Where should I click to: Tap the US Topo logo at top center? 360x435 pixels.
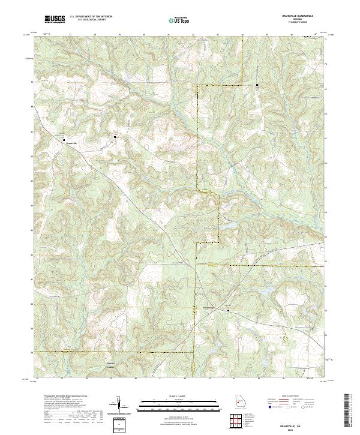click(179, 20)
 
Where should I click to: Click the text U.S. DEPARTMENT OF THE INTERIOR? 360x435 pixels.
click(91, 17)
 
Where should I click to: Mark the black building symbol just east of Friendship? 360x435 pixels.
click(228, 310)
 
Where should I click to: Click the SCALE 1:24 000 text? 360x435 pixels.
click(179, 397)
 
